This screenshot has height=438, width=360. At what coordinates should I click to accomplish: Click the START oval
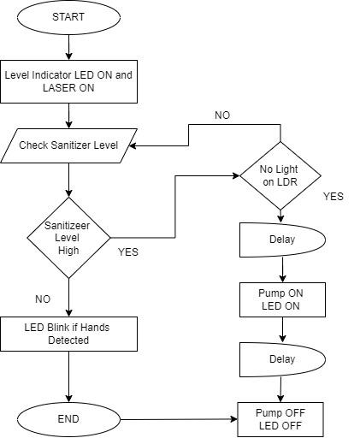(x=68, y=17)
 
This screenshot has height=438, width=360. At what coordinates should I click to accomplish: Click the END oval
(x=68, y=419)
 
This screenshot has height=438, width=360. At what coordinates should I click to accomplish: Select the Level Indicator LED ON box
(x=68, y=80)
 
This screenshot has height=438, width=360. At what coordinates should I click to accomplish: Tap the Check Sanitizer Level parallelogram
(x=68, y=145)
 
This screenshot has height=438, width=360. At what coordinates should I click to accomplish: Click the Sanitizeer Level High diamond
(x=68, y=238)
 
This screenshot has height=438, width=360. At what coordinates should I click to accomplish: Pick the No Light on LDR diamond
(x=280, y=175)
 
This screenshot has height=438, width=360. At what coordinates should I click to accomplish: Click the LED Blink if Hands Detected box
(x=68, y=334)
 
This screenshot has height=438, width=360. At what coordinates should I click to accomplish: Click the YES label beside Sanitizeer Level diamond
(x=127, y=252)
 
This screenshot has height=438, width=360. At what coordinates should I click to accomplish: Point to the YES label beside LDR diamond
(x=333, y=197)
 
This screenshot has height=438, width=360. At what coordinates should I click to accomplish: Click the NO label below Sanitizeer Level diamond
(x=42, y=299)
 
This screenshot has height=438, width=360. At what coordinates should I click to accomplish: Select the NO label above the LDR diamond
(x=222, y=115)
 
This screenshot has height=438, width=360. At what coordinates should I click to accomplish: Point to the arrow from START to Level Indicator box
(x=68, y=47)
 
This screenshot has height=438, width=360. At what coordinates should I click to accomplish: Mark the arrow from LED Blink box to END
(x=68, y=376)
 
